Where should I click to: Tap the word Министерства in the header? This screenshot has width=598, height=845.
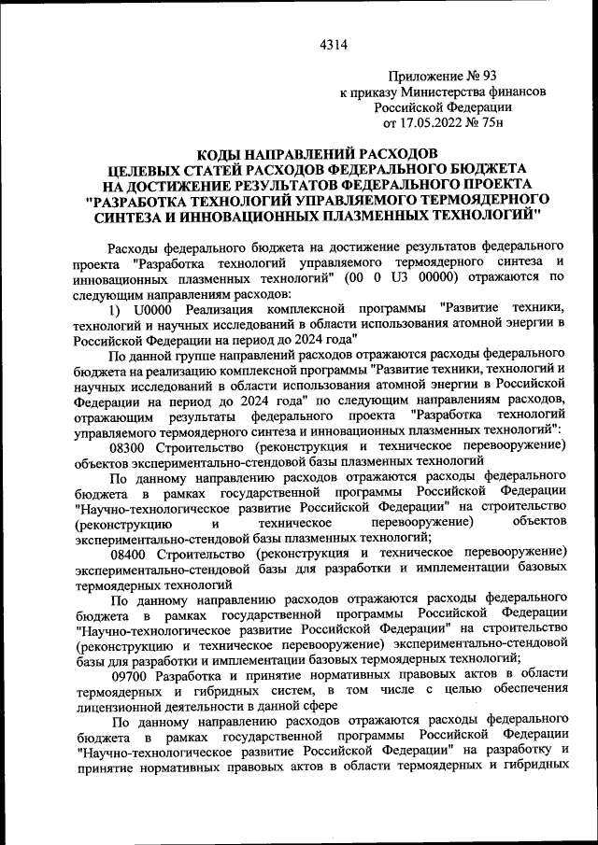click(444, 92)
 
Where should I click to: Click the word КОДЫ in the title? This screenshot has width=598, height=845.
click(222, 152)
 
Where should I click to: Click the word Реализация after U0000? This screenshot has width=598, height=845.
click(219, 309)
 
